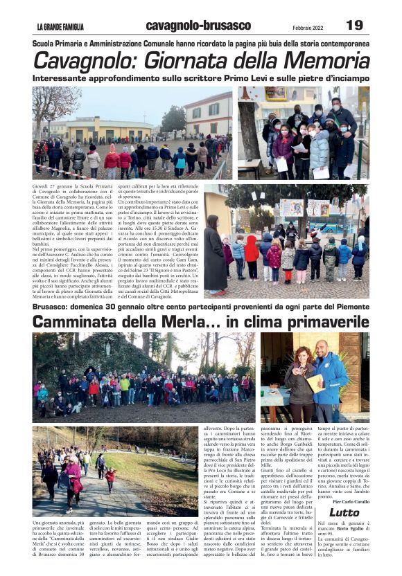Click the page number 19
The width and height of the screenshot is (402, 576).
pos(354,25)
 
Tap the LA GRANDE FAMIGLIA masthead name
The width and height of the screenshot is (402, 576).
pos(60,27)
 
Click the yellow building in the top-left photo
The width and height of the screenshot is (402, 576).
pos(104,130)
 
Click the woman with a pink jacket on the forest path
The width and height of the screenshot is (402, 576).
pos(73,478)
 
